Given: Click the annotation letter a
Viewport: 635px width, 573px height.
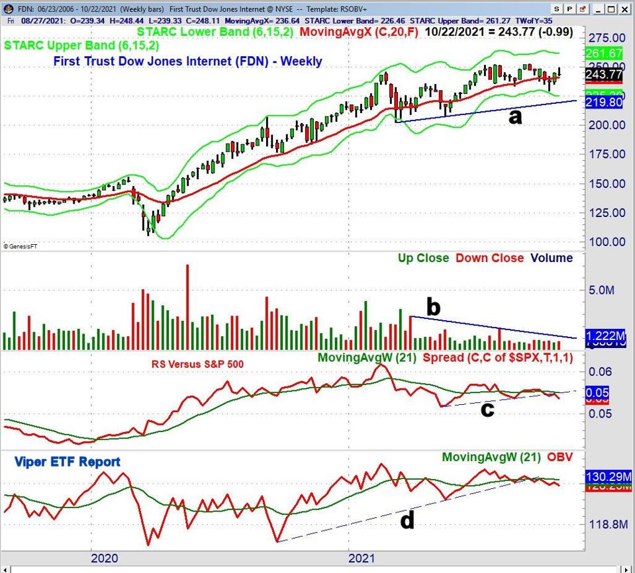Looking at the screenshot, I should (514, 116).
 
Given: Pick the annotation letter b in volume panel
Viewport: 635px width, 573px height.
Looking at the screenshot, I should (434, 307).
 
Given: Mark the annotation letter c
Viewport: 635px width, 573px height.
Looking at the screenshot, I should (487, 409).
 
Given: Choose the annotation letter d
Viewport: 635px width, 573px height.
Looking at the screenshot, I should (407, 521).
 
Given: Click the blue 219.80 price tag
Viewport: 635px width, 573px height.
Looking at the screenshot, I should (607, 103).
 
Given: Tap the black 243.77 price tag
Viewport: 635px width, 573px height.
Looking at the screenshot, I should (607, 74).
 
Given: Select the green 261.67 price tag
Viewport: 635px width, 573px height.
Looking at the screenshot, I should (607, 53).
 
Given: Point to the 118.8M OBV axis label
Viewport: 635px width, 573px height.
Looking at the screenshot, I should (607, 525).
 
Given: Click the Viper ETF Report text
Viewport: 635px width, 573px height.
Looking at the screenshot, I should (67, 462).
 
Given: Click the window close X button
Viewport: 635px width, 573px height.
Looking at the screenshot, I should (624, 9).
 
